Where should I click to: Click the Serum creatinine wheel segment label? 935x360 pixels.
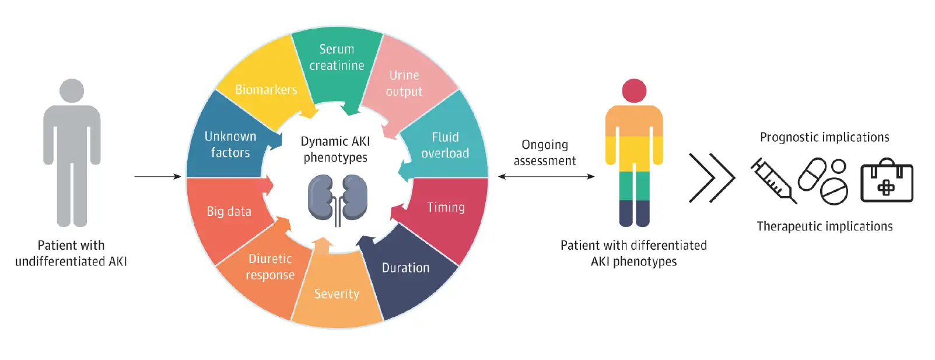click(x=337, y=57)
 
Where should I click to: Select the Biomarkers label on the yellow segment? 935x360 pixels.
click(x=266, y=90)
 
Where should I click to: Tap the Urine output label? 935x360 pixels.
click(x=404, y=83)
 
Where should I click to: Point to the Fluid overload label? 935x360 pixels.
click(x=445, y=145)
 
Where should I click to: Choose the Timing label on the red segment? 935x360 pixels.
click(x=446, y=207)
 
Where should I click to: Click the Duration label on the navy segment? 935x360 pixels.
click(x=405, y=268)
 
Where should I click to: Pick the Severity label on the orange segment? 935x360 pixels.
click(x=337, y=294)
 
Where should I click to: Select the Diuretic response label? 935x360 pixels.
click(x=270, y=267)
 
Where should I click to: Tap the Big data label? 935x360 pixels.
click(x=229, y=211)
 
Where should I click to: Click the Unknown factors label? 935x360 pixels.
click(x=230, y=144)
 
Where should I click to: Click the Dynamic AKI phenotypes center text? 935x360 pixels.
click(x=335, y=149)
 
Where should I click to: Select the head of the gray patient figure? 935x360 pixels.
click(x=72, y=91)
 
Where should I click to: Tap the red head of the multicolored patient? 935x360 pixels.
click(x=634, y=91)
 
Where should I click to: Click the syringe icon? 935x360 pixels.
click(x=773, y=180)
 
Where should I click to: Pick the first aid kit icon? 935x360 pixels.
click(x=887, y=181)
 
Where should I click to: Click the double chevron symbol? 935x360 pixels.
click(x=711, y=178)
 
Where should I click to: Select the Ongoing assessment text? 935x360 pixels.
click(x=545, y=152)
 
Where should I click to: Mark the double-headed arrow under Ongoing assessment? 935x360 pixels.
click(x=546, y=176)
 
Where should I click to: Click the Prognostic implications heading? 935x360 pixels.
click(x=824, y=137)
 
